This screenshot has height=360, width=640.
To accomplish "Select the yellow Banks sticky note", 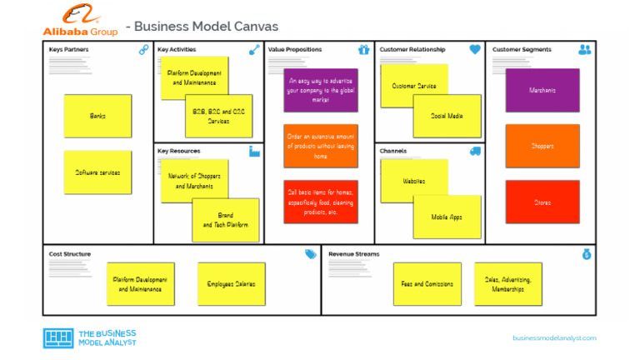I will click(x=97, y=116).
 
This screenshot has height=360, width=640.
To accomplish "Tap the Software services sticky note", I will click(x=97, y=172).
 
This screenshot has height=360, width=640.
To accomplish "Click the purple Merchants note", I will click(x=542, y=90).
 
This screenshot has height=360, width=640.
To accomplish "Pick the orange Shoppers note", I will click(x=542, y=146).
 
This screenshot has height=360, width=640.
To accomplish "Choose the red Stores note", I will click(x=542, y=202).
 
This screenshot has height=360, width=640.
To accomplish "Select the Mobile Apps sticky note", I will click(x=447, y=217).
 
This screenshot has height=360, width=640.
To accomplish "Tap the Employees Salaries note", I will click(x=231, y=284).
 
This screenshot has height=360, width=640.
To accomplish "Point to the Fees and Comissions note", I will click(x=427, y=284).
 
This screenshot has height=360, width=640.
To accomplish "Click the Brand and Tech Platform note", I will click(x=226, y=221).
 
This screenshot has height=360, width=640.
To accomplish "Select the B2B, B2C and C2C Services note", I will click(x=219, y=116).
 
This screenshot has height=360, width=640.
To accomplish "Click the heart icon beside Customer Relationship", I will click(x=475, y=50).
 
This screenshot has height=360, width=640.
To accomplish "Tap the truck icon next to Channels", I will click(x=475, y=151).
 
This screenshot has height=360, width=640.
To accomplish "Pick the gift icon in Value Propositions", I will click(x=363, y=50).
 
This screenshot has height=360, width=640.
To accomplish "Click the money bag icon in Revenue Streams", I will click(x=587, y=254).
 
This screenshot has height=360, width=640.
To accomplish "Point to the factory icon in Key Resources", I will click(x=254, y=151).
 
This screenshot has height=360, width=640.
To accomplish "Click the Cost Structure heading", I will click(x=70, y=254).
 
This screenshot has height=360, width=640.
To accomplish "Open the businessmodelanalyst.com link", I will click(x=554, y=337).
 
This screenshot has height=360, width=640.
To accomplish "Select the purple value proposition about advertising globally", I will click(x=321, y=90).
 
